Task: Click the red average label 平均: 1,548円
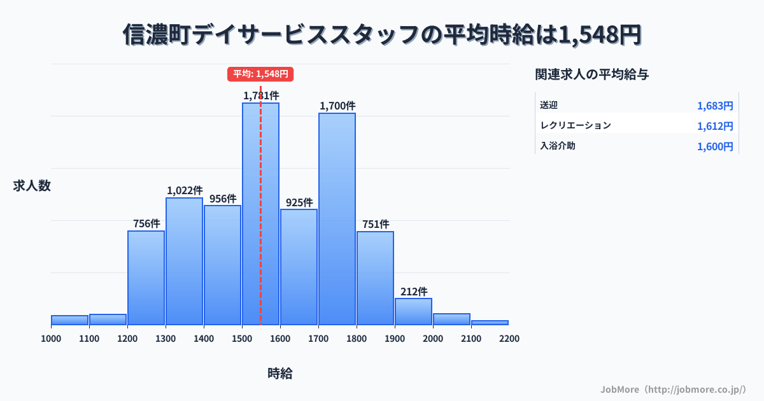click(260, 74)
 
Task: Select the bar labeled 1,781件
click(260, 213)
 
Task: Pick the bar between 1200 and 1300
click(146, 278)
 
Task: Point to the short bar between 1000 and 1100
click(69, 320)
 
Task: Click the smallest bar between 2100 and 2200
click(490, 322)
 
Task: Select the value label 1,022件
click(185, 190)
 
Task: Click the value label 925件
click(299, 202)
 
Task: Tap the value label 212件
click(414, 292)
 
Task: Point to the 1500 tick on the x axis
click(242, 339)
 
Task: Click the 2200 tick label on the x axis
click(509, 339)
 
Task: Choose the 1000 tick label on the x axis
click(51, 339)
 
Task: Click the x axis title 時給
click(280, 374)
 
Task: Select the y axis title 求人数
click(32, 186)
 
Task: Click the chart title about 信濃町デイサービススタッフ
click(382, 35)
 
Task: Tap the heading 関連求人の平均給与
click(592, 74)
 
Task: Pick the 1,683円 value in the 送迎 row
click(715, 106)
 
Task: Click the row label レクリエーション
click(576, 125)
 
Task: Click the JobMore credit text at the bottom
click(673, 389)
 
